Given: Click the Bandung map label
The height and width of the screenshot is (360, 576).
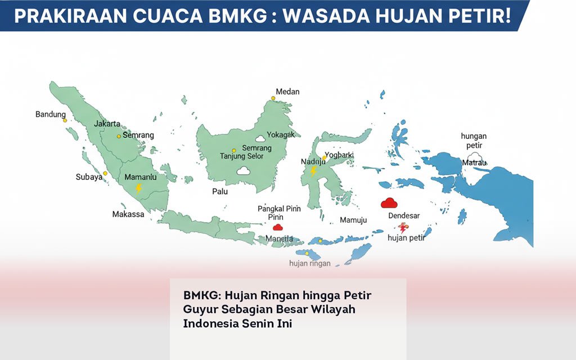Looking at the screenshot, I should tap(51, 114).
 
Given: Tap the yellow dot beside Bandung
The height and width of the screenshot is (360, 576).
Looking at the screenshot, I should tap(65, 120).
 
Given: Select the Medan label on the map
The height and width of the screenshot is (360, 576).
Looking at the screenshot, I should tap(287, 92).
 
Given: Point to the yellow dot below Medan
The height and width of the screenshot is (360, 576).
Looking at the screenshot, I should tap(273, 98).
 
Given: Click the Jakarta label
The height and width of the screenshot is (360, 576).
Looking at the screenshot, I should tap(107, 124).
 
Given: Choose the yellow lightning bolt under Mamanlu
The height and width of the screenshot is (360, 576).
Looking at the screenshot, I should tap(138, 188).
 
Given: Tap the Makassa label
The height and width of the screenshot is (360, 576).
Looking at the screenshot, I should tap(128, 214).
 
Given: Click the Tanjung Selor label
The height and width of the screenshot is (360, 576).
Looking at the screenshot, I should tap(241, 156).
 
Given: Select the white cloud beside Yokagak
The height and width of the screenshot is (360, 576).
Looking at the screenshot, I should tap(260, 138).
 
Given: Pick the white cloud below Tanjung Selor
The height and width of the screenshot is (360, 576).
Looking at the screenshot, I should tap(243, 170).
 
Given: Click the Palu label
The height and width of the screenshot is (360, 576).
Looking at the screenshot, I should tap(220, 192).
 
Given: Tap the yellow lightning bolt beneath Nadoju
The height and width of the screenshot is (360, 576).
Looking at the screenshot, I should tap(314, 172).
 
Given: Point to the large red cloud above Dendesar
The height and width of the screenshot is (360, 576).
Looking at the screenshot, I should tap(389, 203).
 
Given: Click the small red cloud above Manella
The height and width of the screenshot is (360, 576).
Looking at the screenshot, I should tap(277, 227).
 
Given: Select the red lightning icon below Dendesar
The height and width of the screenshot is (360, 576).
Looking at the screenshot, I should tap(403, 228).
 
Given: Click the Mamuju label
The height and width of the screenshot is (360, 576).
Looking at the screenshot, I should tap(353, 220).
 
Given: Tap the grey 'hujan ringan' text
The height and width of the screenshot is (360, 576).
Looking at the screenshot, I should tap(310, 263).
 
